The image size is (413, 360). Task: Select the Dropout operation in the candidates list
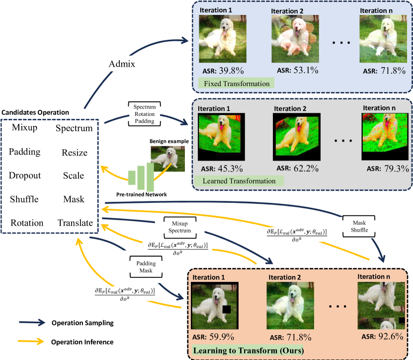[25, 176]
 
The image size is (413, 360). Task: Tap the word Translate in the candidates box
[75, 223]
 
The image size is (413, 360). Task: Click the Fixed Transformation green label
[235, 84]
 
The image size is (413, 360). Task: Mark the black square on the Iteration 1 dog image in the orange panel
[227, 310]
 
